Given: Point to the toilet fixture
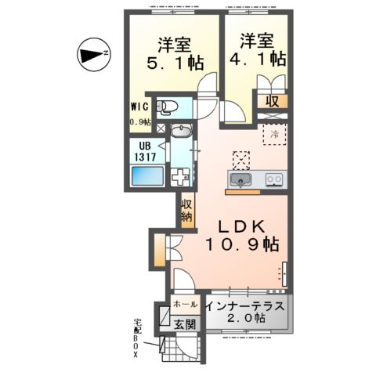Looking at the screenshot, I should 168,107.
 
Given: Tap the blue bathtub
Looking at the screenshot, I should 146,178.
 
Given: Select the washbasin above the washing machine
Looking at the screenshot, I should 180,133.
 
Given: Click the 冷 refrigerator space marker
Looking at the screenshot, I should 274,134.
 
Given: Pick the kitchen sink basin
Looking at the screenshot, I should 240,180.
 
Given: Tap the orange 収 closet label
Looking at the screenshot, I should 271,100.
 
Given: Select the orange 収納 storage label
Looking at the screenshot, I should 187,211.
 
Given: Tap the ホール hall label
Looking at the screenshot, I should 185,302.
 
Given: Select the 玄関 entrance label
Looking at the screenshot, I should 185,323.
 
